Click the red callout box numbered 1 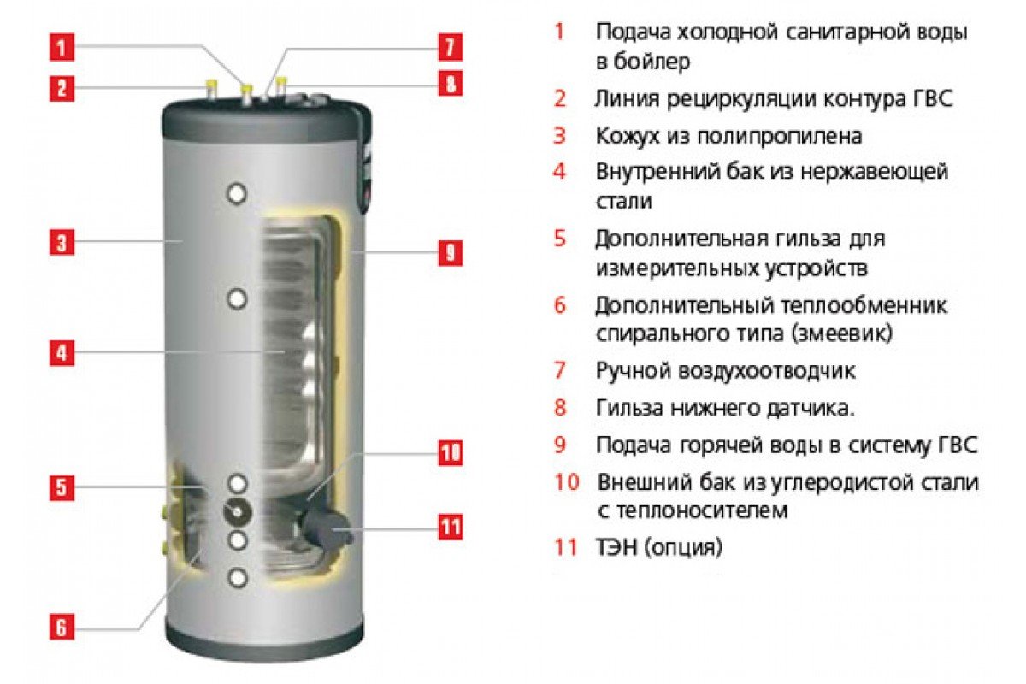[x=62, y=47]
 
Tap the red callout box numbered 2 [x=62, y=88]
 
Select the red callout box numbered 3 [x=62, y=242]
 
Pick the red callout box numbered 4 [x=62, y=353]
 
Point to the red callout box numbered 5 [x=62, y=486]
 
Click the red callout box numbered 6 [x=62, y=627]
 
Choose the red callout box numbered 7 [x=451, y=47]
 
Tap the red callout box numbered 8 [x=451, y=84]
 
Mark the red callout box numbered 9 [x=451, y=252]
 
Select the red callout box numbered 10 [x=451, y=453]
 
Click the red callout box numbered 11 [x=451, y=527]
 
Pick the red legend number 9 [x=560, y=445]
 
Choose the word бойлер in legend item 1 [x=651, y=62]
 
